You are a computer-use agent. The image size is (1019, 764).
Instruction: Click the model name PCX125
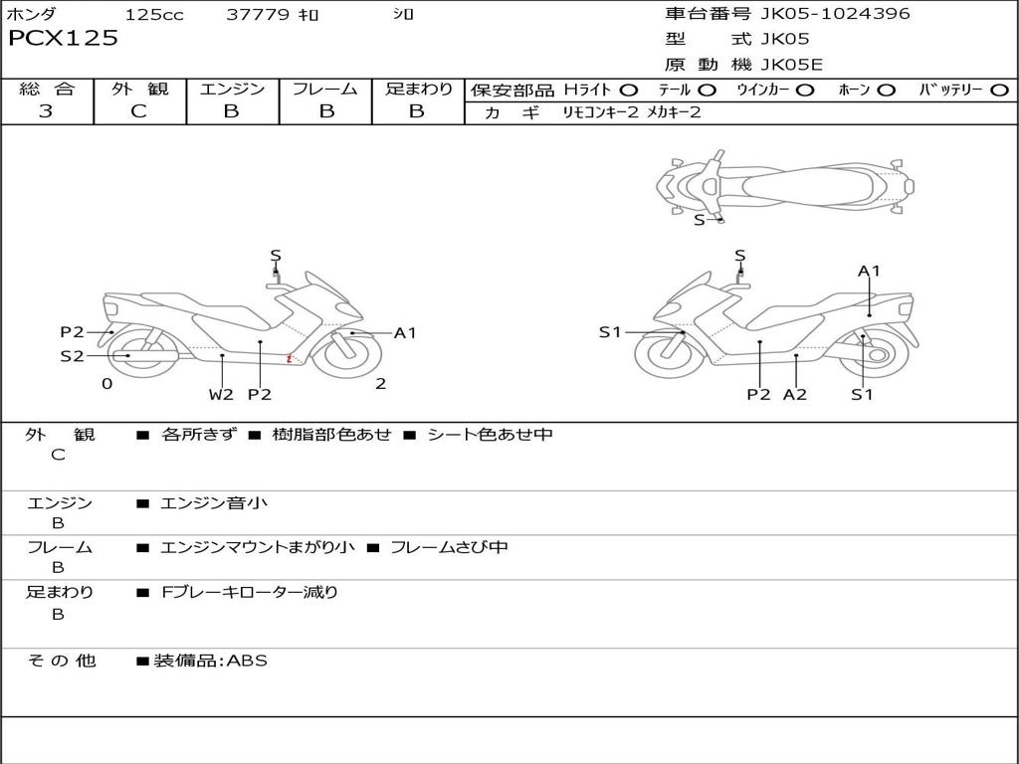coord(63,38)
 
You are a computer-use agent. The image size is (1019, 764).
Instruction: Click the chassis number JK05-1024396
coord(835,14)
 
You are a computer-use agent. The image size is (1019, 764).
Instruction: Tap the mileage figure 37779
coord(258,14)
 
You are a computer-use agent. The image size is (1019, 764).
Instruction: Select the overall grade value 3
coord(46,111)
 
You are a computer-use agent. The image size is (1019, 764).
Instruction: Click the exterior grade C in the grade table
coord(139,111)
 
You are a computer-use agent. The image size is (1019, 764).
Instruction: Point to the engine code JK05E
coord(791,65)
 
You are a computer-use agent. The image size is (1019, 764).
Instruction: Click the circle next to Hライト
coord(629,91)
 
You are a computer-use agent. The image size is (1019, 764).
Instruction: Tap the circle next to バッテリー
coord(1000,91)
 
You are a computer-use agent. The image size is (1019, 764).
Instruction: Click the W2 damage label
coord(221,394)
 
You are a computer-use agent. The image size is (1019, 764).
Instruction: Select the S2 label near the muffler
coord(72,356)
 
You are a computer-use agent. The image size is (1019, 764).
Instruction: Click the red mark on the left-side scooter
coord(290,358)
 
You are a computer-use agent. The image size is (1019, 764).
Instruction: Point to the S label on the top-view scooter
coord(700,220)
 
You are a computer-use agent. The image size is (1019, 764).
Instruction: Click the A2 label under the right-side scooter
coord(795,394)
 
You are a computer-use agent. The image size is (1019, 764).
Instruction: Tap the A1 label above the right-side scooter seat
coord(869,271)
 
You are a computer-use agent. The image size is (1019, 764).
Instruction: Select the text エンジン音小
coord(214,502)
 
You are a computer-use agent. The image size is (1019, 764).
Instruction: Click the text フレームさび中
coord(449,547)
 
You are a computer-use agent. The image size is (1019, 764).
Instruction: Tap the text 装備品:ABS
coord(210,661)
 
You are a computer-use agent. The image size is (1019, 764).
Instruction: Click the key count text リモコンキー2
coord(600,112)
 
